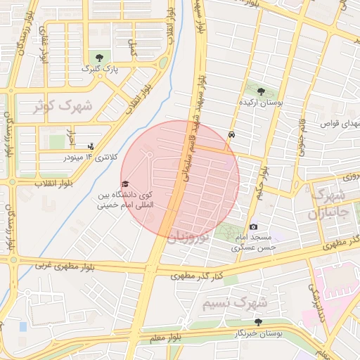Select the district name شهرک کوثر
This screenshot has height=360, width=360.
click(x=64, y=107)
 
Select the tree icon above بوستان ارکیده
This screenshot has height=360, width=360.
click(x=262, y=91)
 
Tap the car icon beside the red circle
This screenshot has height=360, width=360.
click(x=232, y=134)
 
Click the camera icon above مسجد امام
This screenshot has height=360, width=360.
click(x=254, y=227)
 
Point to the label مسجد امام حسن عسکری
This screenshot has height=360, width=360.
click(x=257, y=243)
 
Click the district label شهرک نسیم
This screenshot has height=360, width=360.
click(x=235, y=303)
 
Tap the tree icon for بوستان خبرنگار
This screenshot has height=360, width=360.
click(x=258, y=322)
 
